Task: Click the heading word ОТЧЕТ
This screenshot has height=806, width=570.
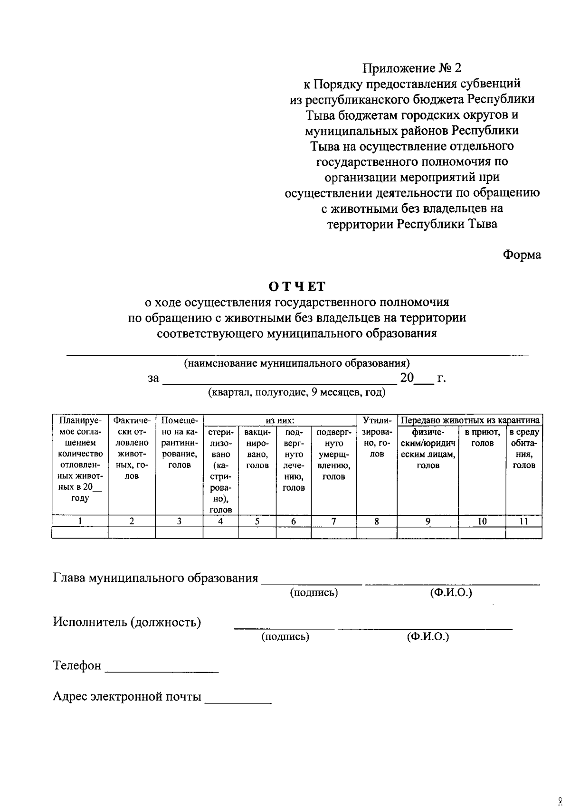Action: [x=297, y=286]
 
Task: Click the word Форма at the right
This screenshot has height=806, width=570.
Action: [x=522, y=255]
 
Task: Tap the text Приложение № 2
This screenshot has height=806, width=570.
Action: [x=412, y=68]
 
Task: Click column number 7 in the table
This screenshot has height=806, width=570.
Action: [x=333, y=521]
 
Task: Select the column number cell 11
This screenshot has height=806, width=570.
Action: [x=523, y=521]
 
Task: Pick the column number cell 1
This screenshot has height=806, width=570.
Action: [x=80, y=521]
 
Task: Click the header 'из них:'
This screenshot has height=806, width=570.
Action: [x=280, y=420]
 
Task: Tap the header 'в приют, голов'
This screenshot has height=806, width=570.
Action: [x=482, y=437]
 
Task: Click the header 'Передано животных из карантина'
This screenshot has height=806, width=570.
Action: [x=470, y=420]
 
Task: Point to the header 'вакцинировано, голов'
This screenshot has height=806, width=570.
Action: [x=257, y=448]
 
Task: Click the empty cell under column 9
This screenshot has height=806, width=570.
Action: [x=427, y=532]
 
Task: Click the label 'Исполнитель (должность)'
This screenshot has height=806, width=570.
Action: [x=127, y=622]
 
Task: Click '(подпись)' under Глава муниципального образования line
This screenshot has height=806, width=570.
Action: [x=313, y=593]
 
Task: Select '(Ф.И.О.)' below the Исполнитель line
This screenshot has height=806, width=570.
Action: [x=427, y=636]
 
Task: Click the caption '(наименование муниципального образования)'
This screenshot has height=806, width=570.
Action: [x=297, y=363]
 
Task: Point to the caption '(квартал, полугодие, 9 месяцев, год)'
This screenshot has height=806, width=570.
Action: [x=296, y=392]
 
